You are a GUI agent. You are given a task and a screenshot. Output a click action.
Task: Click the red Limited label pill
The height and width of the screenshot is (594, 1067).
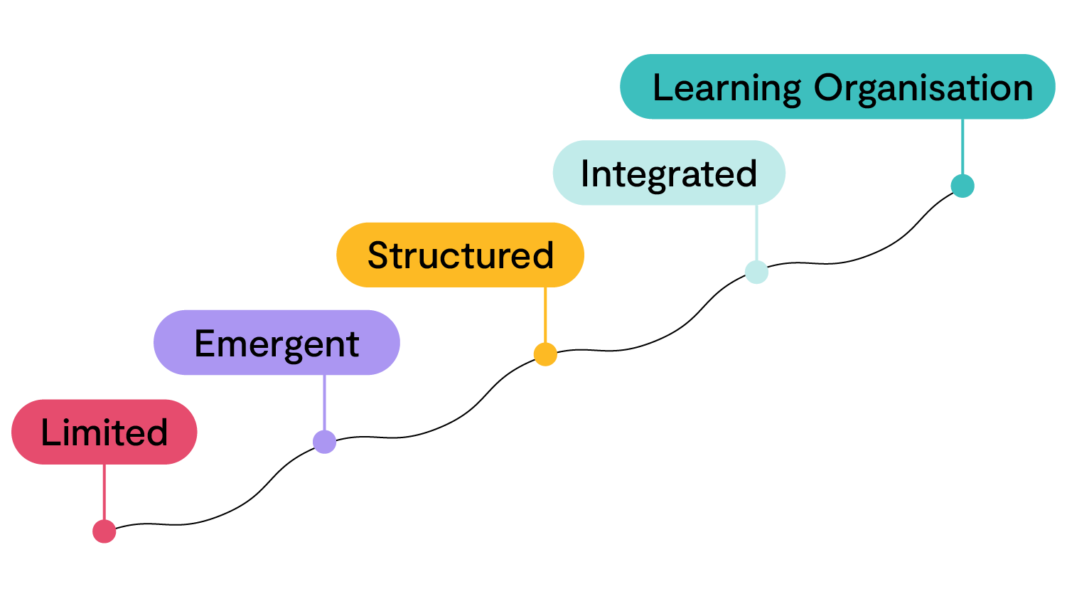coord(104,432)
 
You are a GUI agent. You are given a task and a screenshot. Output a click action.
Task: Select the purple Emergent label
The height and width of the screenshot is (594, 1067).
coord(277,343)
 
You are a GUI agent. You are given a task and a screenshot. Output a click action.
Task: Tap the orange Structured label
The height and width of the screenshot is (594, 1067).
coord(460,255)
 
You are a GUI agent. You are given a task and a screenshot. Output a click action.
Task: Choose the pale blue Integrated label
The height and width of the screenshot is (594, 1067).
coord(669,173)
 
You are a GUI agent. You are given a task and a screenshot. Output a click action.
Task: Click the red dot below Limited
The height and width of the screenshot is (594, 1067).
coord(104,531)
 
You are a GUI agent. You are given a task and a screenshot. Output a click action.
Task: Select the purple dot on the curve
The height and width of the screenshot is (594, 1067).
coord(325,442)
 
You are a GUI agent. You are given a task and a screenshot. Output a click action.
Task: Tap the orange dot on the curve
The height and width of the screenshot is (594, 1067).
coord(545,354)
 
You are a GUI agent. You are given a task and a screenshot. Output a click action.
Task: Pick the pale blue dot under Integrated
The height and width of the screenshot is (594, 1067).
coord(756,272)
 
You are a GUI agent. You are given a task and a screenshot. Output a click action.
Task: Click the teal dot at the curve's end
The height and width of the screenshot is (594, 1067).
coord(963,186)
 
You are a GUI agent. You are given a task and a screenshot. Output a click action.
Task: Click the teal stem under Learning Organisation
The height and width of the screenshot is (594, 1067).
coord(963,146)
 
